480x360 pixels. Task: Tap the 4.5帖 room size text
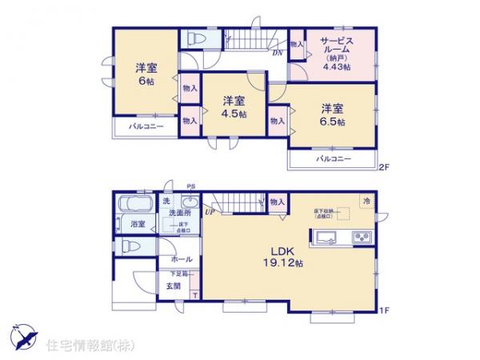click(234, 114)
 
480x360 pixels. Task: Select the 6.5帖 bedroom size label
click(334, 122)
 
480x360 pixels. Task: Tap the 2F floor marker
click(383, 168)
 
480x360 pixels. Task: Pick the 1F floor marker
click(383, 310)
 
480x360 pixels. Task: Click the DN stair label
click(277, 54)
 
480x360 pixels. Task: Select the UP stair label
click(210, 211)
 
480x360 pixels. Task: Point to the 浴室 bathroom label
click(137, 225)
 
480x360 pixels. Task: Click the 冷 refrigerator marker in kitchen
click(366, 202)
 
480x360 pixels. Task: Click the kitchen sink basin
click(327, 237)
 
